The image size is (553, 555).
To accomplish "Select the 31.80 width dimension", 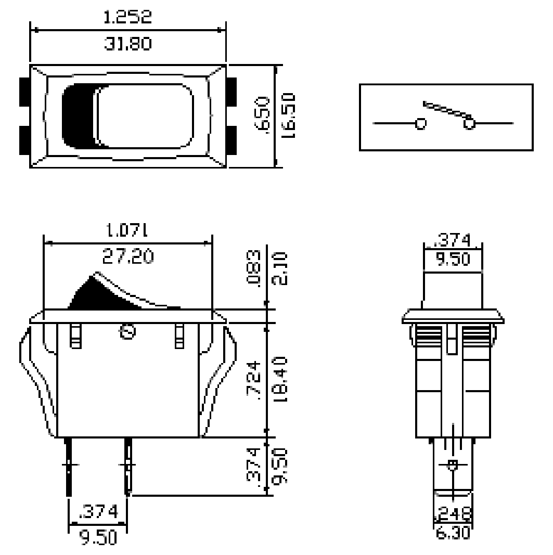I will [x=128, y=44].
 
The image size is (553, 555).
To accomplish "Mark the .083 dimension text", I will [x=253, y=266].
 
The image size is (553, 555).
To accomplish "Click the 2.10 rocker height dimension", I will [x=280, y=266].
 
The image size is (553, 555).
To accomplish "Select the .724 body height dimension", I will [x=253, y=378].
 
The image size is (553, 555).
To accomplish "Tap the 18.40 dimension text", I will [x=280, y=378].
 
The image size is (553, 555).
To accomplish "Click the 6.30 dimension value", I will [x=453, y=533].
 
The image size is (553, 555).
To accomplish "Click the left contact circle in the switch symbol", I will [x=420, y=124].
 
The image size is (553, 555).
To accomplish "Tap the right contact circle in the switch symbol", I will [x=469, y=124].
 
